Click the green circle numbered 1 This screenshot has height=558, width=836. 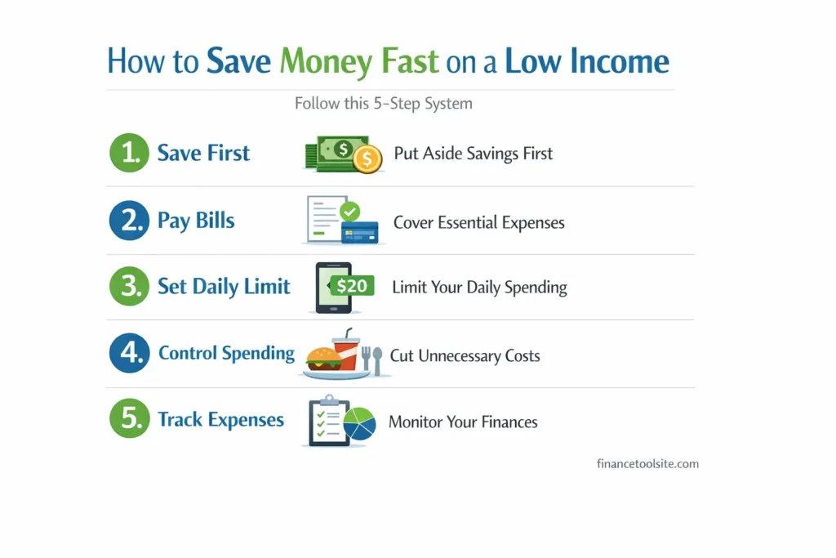pos(129,153)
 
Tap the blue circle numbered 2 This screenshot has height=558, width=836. pos(129,221)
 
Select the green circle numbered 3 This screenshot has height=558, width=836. pos(129,287)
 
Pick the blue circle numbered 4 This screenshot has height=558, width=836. pos(129,353)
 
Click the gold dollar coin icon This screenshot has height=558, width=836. pos(367,158)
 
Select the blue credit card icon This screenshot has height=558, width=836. pos(359,232)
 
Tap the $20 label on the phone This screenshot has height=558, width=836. pos(352,286)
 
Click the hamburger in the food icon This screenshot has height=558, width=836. pos(323,359)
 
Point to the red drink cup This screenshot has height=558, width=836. pos(345,353)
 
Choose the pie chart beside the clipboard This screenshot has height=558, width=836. pos(359,424)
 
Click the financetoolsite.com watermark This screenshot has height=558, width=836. pos(647,463)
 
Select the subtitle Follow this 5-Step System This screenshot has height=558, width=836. pos(383,104)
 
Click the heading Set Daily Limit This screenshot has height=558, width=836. pos(224,287)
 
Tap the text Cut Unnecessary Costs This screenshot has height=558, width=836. pos(465,355)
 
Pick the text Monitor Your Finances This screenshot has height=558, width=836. pos(463,422)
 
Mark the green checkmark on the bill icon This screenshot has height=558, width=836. pos(349,212)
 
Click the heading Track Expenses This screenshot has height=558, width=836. pos(220,420)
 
